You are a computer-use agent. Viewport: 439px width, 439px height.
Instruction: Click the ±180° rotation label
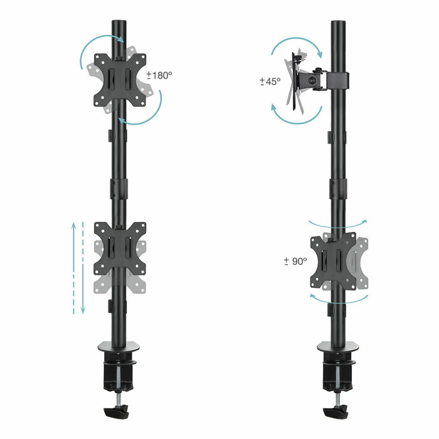pyautogui.click(x=159, y=75)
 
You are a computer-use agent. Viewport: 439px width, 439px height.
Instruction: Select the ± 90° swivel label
pyautogui.click(x=295, y=260)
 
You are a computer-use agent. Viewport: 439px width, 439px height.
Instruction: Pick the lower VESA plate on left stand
pyautogui.click(x=119, y=248)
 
